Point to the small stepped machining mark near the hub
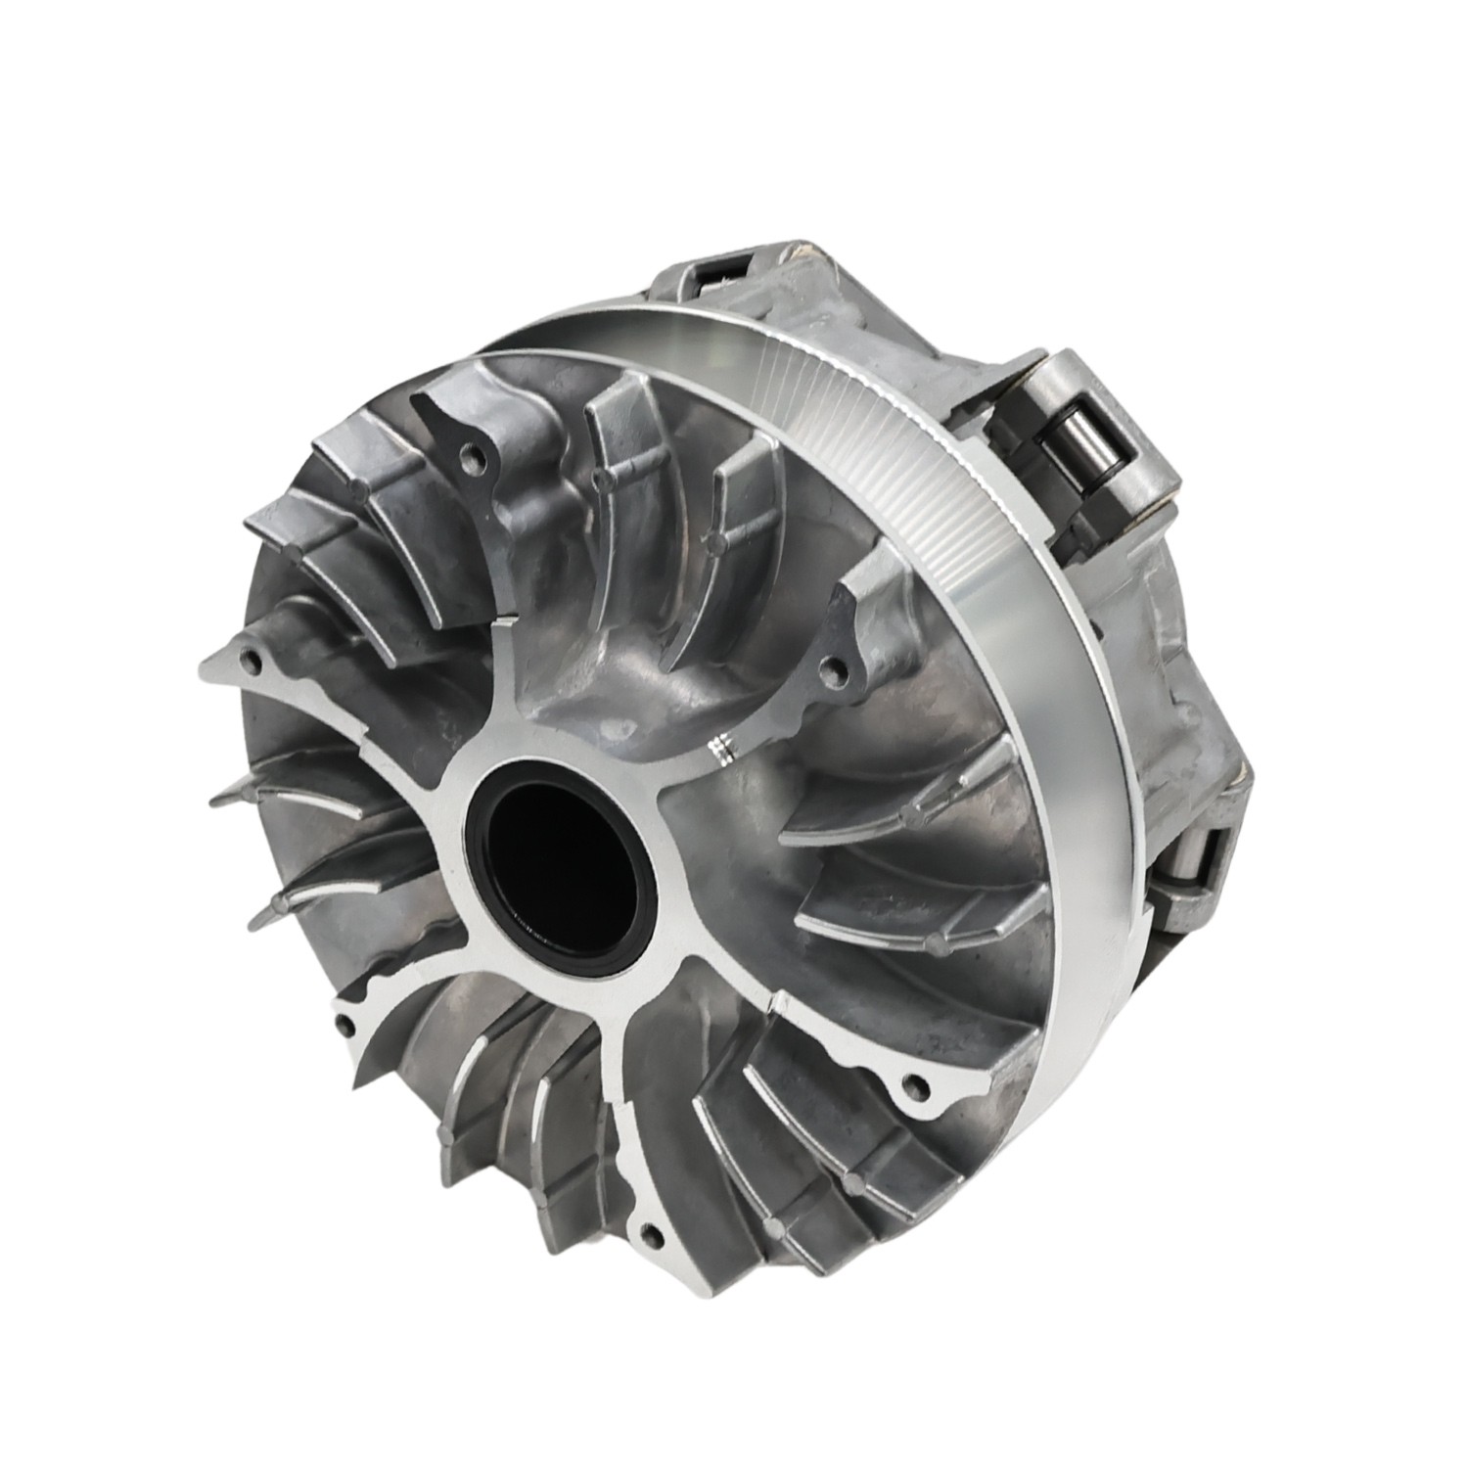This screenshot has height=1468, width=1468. (x=721, y=746)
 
